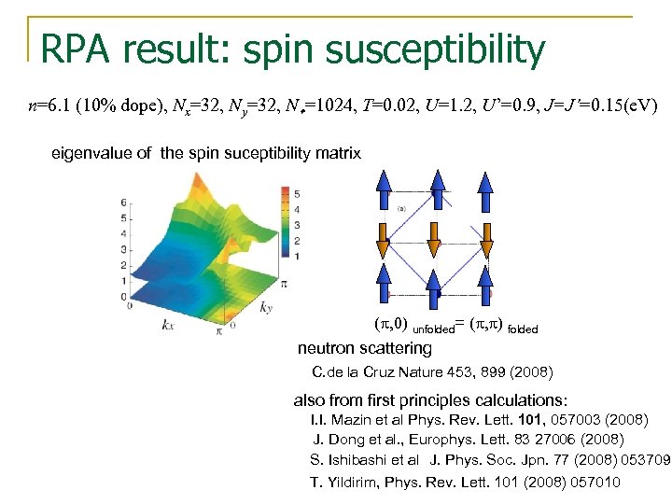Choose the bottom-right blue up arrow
[486, 286]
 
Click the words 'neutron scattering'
[365, 349]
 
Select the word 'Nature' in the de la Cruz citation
[426, 372]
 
